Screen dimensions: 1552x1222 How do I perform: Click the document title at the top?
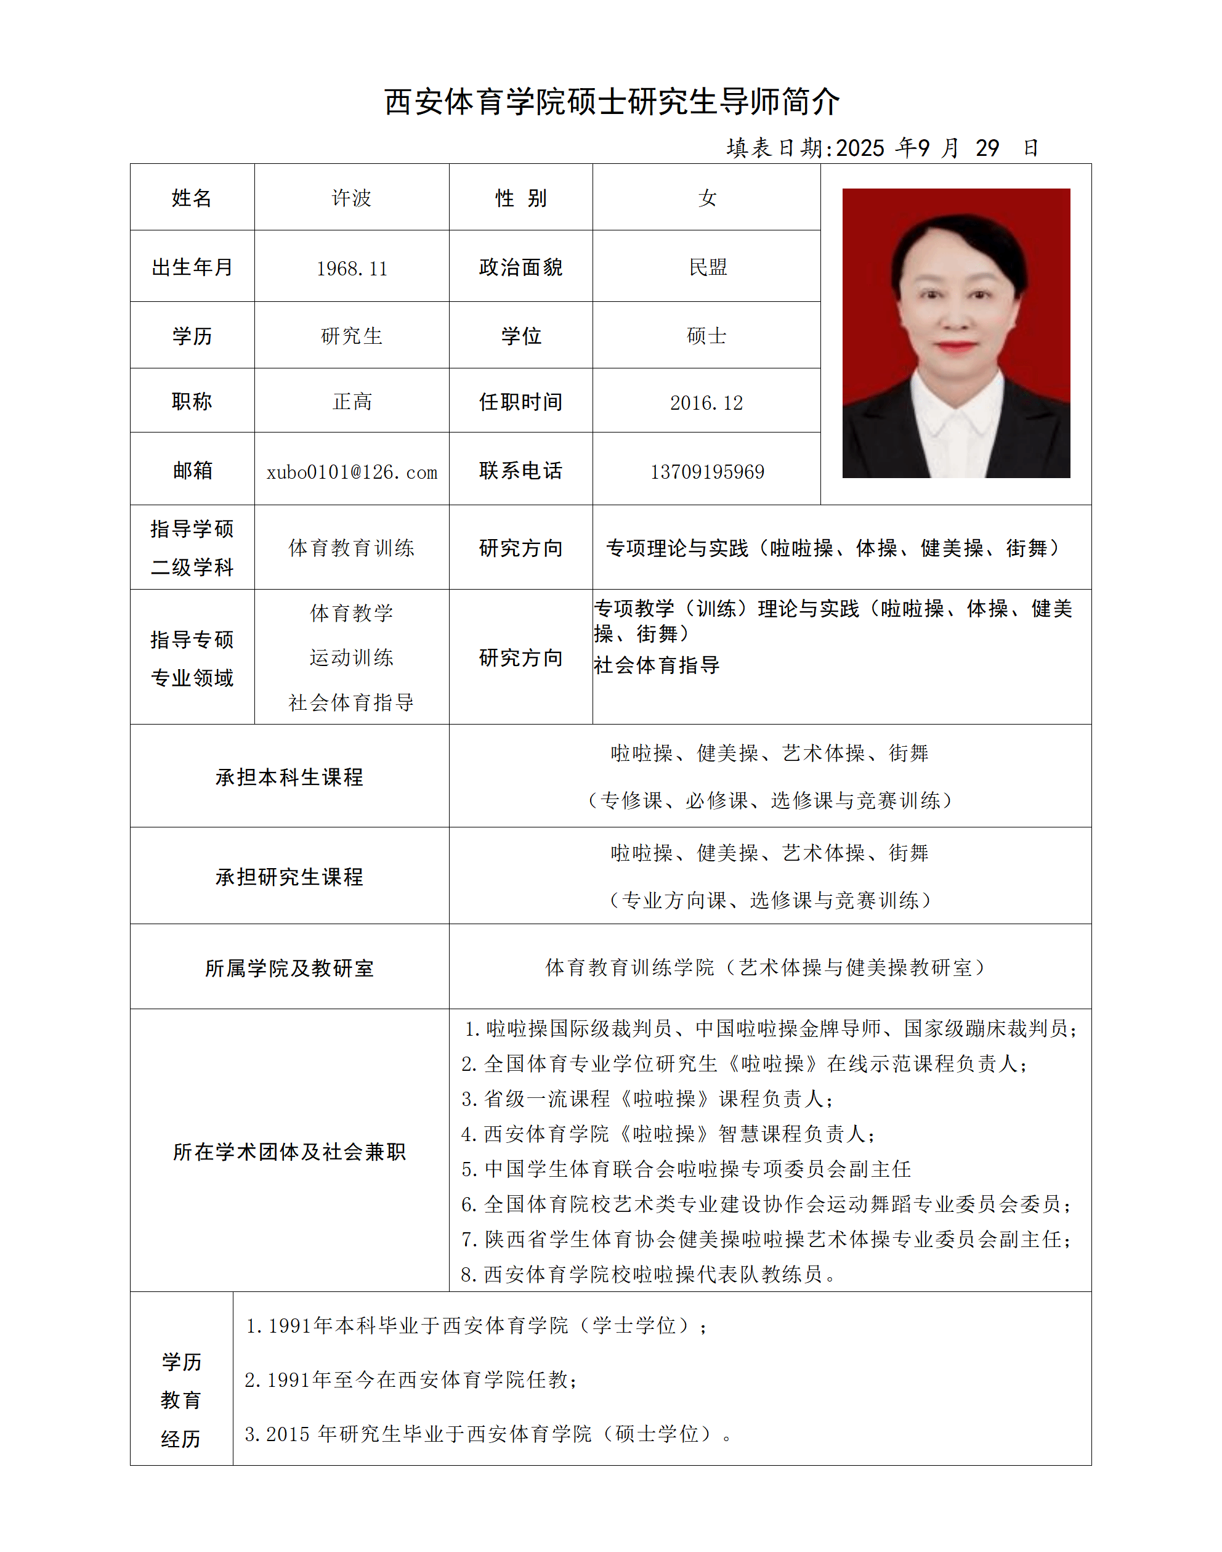click(611, 102)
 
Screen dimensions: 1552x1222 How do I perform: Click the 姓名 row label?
click(192, 198)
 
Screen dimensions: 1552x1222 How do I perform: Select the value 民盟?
click(707, 267)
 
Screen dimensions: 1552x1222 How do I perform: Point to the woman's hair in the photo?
click(956, 236)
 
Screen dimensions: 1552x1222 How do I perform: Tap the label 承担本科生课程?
click(289, 777)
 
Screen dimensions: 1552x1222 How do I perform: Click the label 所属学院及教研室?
click(289, 968)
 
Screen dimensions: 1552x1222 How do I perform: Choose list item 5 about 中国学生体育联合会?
click(686, 1169)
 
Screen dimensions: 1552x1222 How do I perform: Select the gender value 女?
click(707, 198)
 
